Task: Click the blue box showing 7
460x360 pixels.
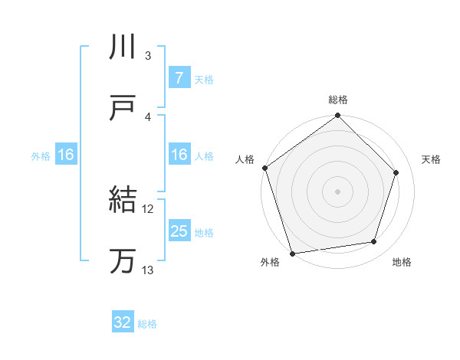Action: click(179, 78)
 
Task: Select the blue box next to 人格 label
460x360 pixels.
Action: click(179, 155)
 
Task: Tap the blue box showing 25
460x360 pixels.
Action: click(179, 231)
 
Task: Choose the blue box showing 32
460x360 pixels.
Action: click(123, 322)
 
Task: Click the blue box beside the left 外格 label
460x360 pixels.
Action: click(66, 155)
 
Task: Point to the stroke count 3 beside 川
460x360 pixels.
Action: click(148, 56)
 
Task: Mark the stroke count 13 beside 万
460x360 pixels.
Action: click(148, 270)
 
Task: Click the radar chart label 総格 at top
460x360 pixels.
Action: click(338, 100)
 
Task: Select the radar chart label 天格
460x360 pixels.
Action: click(432, 159)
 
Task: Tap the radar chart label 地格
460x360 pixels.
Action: click(402, 263)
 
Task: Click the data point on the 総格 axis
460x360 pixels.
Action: click(338, 116)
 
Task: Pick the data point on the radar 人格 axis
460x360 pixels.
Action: click(265, 169)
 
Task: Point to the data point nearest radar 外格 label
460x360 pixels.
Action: click(292, 253)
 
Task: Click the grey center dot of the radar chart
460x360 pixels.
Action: click(338, 191)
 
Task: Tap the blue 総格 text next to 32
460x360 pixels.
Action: click(147, 324)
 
